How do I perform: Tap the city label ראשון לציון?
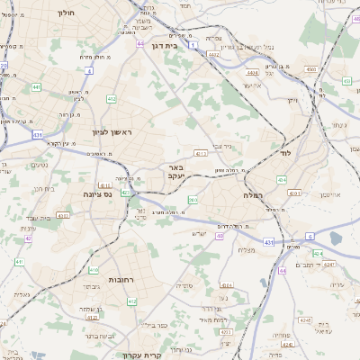112,132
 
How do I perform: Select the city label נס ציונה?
96,193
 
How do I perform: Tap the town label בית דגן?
185,42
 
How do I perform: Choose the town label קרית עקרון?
166,355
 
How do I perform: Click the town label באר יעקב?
177,172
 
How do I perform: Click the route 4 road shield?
89,69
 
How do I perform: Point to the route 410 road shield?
94,269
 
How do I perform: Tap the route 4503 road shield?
310,68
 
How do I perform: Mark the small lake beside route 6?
336,238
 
